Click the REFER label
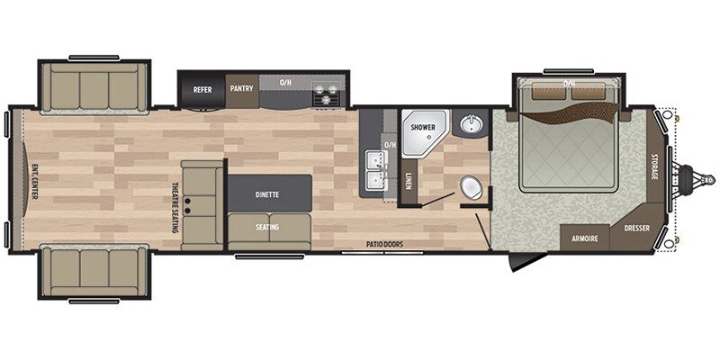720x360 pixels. pyautogui.click(x=202, y=89)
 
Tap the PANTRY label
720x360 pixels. pyautogui.click(x=242, y=88)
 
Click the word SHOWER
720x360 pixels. pyautogui.click(x=423, y=128)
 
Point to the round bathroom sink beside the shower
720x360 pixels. pyautogui.click(x=470, y=125)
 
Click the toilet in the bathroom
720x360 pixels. pyautogui.click(x=471, y=187)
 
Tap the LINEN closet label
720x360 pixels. pyautogui.click(x=408, y=180)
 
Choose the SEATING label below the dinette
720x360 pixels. pyautogui.click(x=266, y=227)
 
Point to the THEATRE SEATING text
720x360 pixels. pyautogui.click(x=174, y=208)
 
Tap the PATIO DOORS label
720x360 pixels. pyautogui.click(x=383, y=243)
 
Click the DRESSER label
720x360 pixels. pyautogui.click(x=636, y=238)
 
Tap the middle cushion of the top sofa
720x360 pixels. pyautogui.click(x=94, y=88)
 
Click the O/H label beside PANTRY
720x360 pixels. pyautogui.click(x=286, y=84)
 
